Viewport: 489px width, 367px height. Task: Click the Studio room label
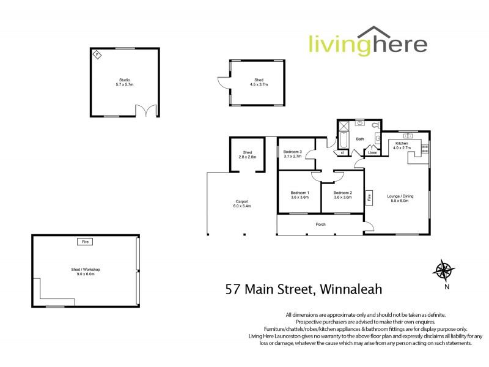[125, 82]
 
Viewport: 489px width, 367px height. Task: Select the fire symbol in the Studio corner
[97, 55]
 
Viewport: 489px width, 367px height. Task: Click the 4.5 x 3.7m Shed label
[259, 82]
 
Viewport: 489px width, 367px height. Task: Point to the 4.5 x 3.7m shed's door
[222, 84]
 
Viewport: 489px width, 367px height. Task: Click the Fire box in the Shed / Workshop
[86, 242]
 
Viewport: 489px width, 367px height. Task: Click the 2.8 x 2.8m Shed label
[248, 155]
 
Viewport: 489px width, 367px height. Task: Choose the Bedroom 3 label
[293, 154]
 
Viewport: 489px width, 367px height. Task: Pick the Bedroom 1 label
[300, 195]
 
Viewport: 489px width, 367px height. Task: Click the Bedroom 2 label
[344, 195]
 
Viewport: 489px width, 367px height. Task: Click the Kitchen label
[402, 145]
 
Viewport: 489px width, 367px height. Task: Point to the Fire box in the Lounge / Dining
[369, 197]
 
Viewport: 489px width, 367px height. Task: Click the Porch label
[321, 224]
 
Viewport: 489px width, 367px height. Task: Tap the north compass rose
[444, 269]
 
